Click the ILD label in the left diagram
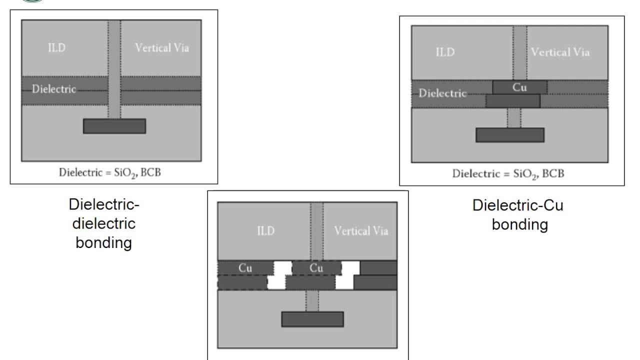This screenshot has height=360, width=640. tap(56, 48)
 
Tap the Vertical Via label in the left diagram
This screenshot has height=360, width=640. tap(162, 48)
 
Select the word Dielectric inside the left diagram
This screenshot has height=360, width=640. tap(54, 89)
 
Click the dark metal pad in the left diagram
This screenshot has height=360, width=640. tap(114, 126)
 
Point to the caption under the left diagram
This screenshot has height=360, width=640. tap(114, 173)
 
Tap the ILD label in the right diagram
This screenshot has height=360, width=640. tap(445, 52)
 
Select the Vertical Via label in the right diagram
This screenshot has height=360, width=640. tap(560, 52)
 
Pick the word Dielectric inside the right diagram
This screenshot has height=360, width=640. tap(442, 93)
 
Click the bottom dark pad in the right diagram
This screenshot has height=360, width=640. tap(509, 135)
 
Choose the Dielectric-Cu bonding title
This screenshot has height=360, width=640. tap(518, 215)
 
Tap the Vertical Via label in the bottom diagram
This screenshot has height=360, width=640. tap(361, 231)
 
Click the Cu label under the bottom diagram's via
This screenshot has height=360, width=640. tap(316, 268)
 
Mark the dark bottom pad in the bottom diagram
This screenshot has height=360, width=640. tap(312, 319)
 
